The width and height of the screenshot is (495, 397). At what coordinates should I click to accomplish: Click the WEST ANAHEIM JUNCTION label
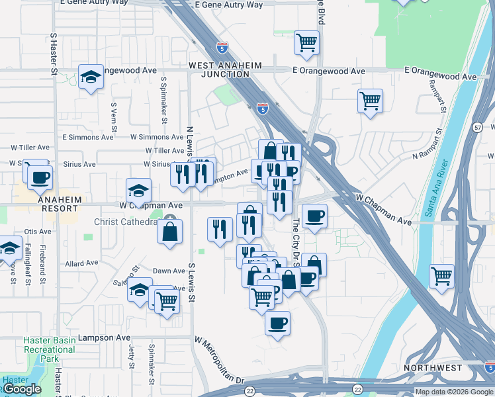(225, 70)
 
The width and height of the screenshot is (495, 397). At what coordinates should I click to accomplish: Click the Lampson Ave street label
(105, 337)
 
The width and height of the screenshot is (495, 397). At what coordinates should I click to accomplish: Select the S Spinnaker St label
(163, 98)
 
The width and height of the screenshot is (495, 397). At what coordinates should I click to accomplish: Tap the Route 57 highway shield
(478, 126)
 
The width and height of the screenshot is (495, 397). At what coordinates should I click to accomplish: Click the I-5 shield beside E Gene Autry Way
(222, 48)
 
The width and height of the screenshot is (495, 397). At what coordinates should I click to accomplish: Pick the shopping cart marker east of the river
(441, 275)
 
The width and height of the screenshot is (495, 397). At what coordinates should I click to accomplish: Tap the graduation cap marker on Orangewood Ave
(91, 77)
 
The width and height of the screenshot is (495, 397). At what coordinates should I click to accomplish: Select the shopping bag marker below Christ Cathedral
(170, 231)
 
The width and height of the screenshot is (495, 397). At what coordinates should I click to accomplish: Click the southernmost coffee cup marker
(277, 324)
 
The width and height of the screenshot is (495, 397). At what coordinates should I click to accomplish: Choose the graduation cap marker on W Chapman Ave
(138, 190)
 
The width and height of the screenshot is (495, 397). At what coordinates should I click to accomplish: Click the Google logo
(22, 389)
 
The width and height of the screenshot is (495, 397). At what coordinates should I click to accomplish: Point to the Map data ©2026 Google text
(454, 392)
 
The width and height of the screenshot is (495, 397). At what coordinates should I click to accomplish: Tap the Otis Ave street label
(38, 232)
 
